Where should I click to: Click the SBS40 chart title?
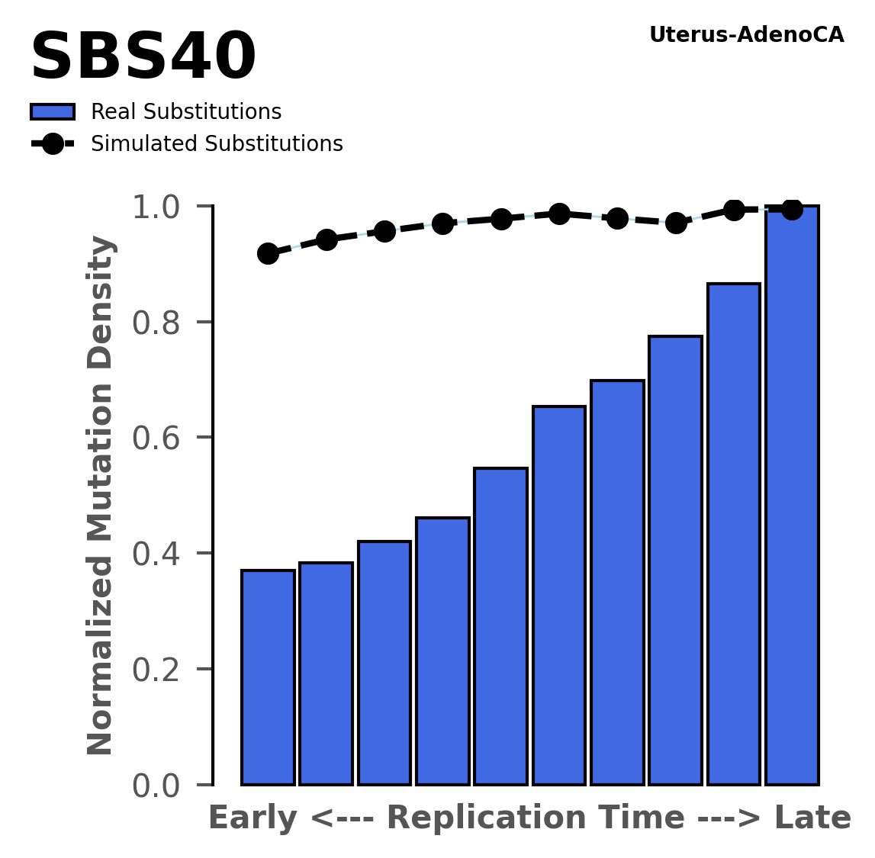(x=143, y=58)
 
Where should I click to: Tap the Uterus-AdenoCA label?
(x=746, y=35)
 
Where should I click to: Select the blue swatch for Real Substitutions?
(x=53, y=112)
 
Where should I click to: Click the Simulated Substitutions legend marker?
(x=53, y=144)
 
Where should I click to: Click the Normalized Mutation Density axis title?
(x=101, y=495)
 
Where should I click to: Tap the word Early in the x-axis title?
(x=251, y=818)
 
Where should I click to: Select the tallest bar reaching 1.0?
(x=792, y=496)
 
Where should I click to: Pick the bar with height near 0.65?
(x=559, y=595)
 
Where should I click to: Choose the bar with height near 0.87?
(x=734, y=534)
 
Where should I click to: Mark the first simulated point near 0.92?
(x=268, y=253)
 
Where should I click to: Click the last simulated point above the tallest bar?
(x=792, y=209)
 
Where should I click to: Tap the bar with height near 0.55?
(x=500, y=625)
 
